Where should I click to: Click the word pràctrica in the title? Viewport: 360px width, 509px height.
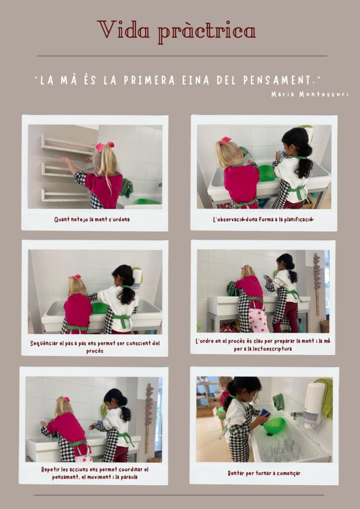click(207, 32)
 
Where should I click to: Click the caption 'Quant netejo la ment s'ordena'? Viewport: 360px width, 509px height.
click(92, 219)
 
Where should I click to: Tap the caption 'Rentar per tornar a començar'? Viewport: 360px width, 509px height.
click(264, 473)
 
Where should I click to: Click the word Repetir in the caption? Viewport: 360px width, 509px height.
click(51, 470)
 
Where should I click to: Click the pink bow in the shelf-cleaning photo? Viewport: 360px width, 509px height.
click(104, 147)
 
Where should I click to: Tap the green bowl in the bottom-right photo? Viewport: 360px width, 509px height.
click(274, 425)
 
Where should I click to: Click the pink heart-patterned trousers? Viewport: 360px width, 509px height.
click(259, 320)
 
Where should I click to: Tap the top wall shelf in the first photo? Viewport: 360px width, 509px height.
click(68, 146)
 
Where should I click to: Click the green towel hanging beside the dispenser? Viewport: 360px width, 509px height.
click(325, 397)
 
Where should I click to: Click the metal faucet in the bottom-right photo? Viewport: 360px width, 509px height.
click(297, 415)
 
